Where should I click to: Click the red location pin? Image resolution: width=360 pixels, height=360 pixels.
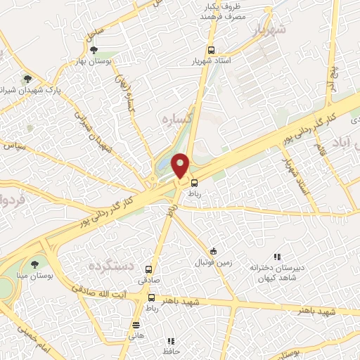pyautogui.click(x=181, y=165)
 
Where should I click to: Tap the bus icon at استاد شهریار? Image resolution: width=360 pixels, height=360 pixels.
pyautogui.click(x=211, y=51)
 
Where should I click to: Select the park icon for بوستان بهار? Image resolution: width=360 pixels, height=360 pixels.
pyautogui.click(x=94, y=50)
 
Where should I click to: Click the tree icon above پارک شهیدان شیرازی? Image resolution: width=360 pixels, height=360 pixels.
pyautogui.click(x=27, y=79)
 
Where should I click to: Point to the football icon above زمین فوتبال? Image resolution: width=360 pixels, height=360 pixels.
pyautogui.click(x=214, y=252)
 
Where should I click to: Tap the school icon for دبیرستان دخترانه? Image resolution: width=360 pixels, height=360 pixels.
pyautogui.click(x=277, y=257)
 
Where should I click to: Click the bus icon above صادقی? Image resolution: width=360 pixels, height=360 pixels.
pyautogui.click(x=148, y=269)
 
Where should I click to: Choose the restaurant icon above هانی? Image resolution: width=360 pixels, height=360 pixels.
pyautogui.click(x=136, y=325)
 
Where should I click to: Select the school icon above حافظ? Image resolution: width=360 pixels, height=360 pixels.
pyautogui.click(x=171, y=340)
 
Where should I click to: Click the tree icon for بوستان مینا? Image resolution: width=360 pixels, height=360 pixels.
pyautogui.click(x=34, y=264)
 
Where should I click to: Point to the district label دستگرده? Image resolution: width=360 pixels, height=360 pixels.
pyautogui.click(x=110, y=266)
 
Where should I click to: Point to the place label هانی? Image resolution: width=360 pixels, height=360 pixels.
pyautogui.click(x=136, y=335)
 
